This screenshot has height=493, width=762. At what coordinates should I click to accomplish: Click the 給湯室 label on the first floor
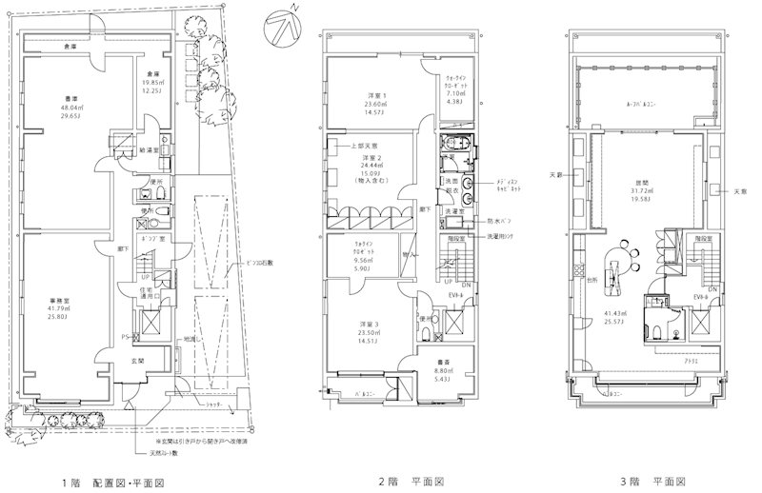click(x=147, y=151)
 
